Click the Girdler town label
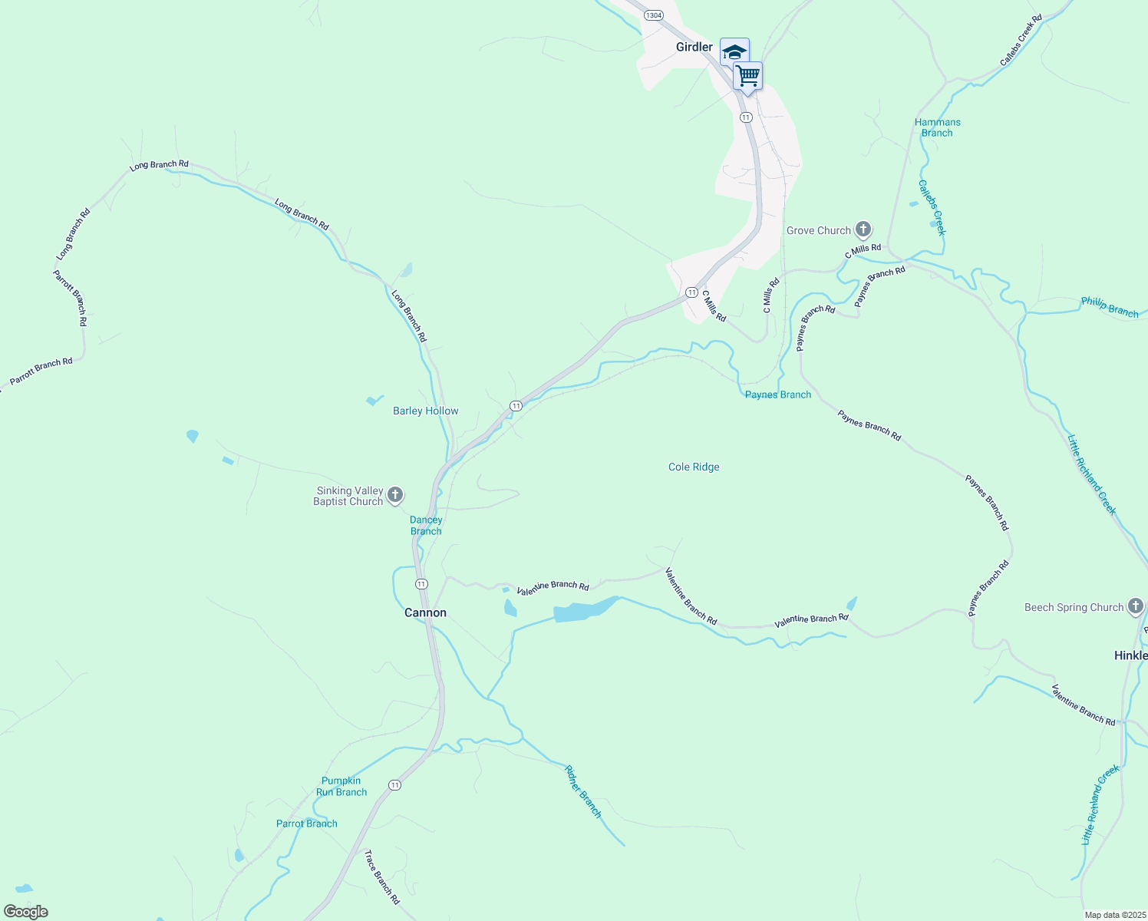694,47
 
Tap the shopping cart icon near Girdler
747,76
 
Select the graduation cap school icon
734,51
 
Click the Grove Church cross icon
863,229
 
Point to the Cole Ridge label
694,467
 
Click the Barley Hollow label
425,411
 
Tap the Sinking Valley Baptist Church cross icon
395,495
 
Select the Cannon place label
425,612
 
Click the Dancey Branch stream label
426,526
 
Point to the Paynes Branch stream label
777,394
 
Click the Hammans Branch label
937,127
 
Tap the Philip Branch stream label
1110,307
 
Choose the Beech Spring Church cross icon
1136,607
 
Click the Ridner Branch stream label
583,791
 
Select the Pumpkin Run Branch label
341,787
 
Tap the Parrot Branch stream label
306,824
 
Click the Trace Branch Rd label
381,876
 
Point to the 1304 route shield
654,15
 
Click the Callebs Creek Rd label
1021,40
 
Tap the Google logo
26,912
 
